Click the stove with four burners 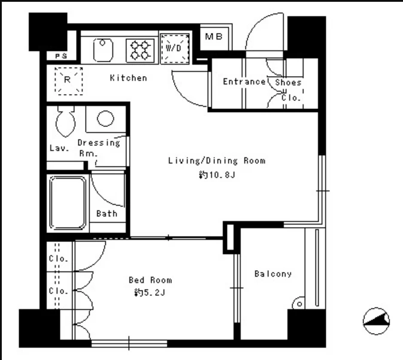pos(140,50)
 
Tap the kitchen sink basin pos(103,50)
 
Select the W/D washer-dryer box pos(175,49)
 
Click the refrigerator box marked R pos(68,81)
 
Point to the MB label pos(214,37)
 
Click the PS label pos(61,56)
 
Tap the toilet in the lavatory pos(65,121)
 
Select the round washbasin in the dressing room pos(105,119)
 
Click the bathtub pos(68,203)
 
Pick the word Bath pos(107,213)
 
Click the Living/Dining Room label pos(217,161)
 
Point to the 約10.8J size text pos(217,175)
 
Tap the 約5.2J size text pos(150,292)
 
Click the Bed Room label pos(150,280)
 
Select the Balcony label pos(273,274)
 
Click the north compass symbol pos(376,321)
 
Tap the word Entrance pos(244,82)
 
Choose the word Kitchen pos(128,78)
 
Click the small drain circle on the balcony pos(299,304)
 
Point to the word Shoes pos(288,82)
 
